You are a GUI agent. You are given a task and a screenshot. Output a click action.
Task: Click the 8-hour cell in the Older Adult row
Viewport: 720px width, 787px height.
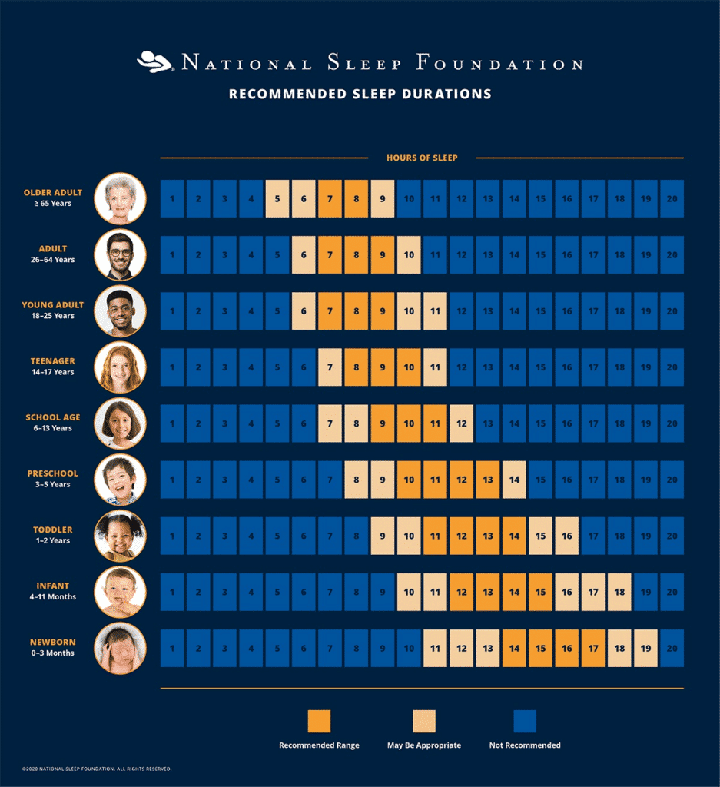356,199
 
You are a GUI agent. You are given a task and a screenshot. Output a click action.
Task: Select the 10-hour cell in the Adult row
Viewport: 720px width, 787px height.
409,255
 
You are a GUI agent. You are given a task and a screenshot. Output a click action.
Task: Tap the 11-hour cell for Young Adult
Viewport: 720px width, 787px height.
435,311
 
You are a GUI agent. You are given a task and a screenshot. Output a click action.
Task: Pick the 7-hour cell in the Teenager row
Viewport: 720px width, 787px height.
330,367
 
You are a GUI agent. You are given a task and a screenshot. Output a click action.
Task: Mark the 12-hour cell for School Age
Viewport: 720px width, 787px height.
461,423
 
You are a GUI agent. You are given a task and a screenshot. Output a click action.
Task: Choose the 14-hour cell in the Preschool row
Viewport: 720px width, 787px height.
514,480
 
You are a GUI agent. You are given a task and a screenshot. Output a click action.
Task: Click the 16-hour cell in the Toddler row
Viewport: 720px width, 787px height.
566,536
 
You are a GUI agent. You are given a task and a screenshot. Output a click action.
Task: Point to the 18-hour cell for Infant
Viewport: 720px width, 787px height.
619,592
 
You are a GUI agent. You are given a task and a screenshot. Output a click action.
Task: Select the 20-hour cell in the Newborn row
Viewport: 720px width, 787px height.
672,648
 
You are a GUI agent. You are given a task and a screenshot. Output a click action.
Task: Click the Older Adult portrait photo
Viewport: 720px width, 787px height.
120,198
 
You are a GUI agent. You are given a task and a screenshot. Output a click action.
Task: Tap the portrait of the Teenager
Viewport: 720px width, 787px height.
120,367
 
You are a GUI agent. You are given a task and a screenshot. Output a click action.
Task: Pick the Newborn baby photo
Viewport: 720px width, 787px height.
120,648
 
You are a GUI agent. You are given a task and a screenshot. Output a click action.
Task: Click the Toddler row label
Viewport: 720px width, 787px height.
53,530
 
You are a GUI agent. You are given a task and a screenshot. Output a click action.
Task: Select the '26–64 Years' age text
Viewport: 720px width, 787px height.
53,260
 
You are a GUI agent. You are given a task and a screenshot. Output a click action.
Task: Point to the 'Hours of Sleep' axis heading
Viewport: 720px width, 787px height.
422,158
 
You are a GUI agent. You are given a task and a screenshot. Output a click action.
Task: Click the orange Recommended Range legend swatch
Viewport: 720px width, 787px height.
319,721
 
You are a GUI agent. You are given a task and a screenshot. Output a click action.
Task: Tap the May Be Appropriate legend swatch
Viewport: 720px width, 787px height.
423,721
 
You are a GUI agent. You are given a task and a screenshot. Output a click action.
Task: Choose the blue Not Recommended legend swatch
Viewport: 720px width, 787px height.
525,721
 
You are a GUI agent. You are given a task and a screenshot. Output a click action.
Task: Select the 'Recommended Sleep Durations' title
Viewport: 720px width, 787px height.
360,95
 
